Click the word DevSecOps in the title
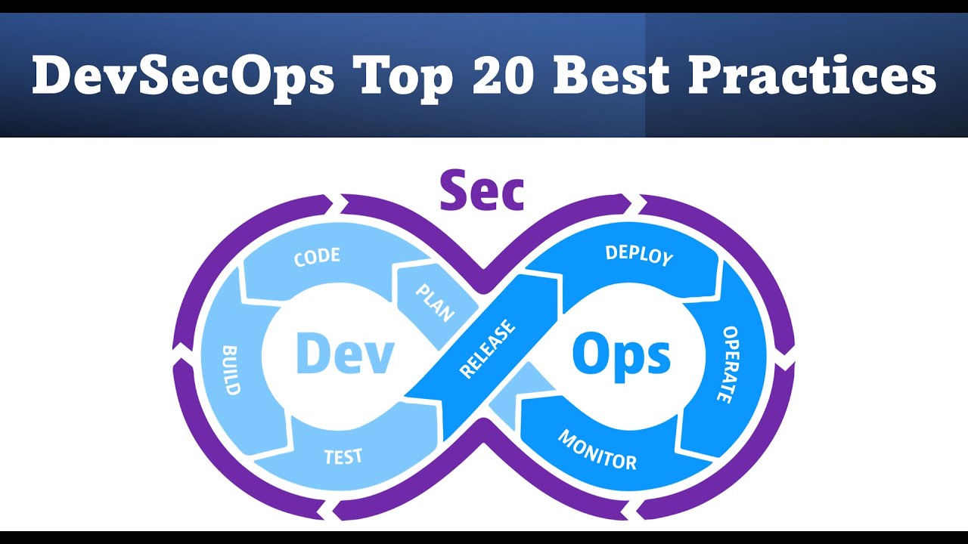tap(182, 76)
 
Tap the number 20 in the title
tap(504, 76)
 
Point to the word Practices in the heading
tap(813, 76)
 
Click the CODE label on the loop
tap(317, 257)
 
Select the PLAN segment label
tap(433, 301)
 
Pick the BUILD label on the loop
tap(231, 370)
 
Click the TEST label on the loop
tap(343, 456)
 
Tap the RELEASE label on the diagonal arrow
tap(488, 348)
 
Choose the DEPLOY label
tap(639, 255)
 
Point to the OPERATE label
tap(727, 364)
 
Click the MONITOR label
tap(597, 450)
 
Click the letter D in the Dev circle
tap(312, 354)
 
